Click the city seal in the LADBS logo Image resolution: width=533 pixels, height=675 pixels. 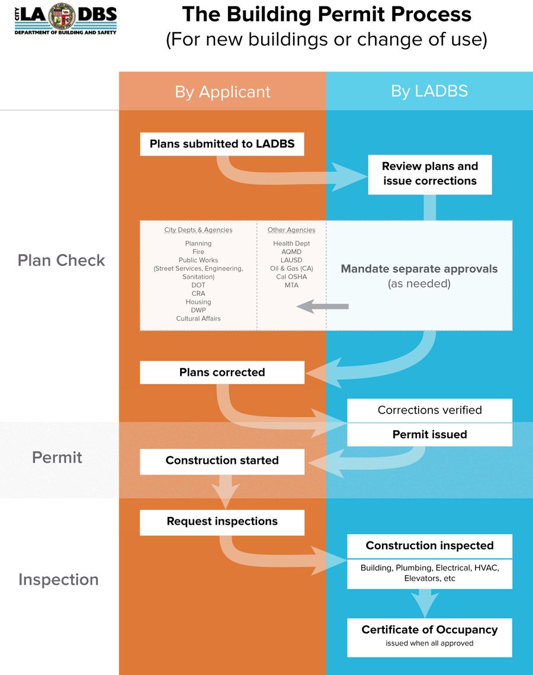pos(62,17)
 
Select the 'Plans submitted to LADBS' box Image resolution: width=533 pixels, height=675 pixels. pos(222,144)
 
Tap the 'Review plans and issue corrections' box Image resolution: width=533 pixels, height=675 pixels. pos(429,175)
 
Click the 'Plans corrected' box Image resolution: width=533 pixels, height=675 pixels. pos(222,372)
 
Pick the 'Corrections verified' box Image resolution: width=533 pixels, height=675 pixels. pos(429,410)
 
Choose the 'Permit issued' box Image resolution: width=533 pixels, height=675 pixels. pos(429,434)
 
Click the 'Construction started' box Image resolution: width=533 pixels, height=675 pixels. pos(222,461)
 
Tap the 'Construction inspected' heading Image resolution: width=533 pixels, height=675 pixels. pos(429,545)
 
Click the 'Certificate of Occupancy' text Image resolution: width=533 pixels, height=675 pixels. pos(429,630)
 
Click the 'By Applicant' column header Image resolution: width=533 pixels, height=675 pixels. pos(222,92)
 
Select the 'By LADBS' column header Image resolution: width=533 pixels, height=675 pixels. pos(429,91)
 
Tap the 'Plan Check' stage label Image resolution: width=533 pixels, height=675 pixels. pos(61,260)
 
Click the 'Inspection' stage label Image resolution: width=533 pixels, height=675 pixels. pos(59,579)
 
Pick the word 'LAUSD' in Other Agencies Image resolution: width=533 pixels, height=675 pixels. pos(291,260)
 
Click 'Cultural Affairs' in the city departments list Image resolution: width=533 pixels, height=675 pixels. pos(198,318)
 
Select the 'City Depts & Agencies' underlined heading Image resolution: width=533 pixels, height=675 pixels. pos(198,230)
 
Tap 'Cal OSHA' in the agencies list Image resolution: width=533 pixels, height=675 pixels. pos(291,277)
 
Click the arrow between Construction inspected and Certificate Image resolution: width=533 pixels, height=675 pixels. pos(425,603)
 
